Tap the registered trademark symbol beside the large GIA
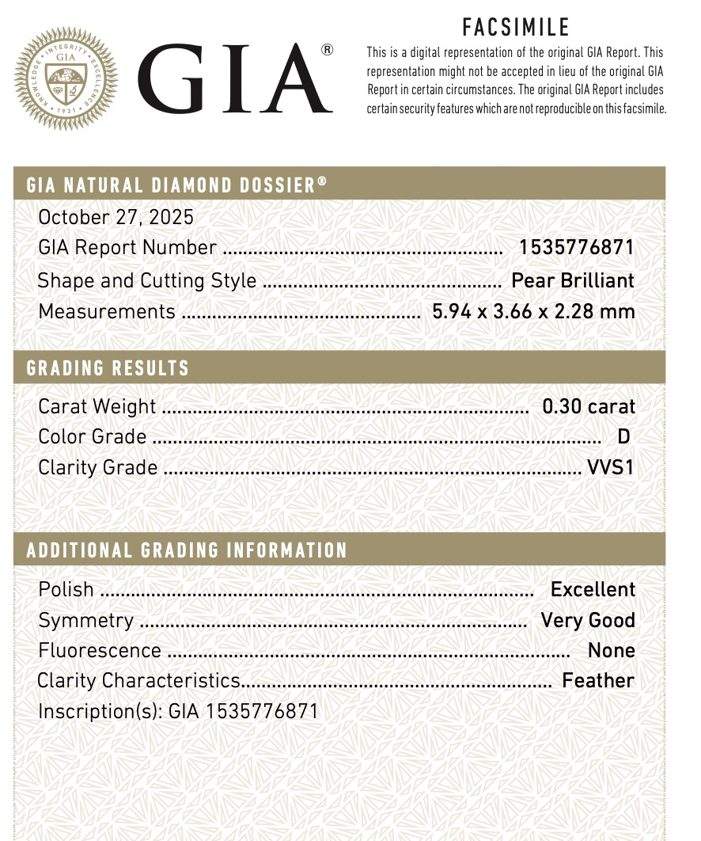click(x=327, y=51)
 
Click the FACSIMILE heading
click(x=516, y=28)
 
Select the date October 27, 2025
click(x=116, y=217)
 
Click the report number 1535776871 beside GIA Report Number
click(x=576, y=247)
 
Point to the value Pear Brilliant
click(x=573, y=280)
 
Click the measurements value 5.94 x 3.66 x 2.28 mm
click(x=533, y=311)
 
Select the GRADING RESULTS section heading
click(x=108, y=368)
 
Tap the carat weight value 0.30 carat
click(x=588, y=406)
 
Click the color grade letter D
click(x=623, y=436)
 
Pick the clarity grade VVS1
click(x=610, y=467)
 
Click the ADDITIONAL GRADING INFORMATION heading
click(x=187, y=550)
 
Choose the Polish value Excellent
click(x=593, y=589)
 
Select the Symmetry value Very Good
click(x=587, y=620)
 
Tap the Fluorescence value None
click(x=611, y=650)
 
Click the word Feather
click(x=597, y=680)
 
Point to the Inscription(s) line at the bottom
click(x=178, y=710)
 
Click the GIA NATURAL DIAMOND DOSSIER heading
click(x=176, y=185)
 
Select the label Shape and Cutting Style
click(x=147, y=280)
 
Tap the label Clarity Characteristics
click(x=138, y=680)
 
